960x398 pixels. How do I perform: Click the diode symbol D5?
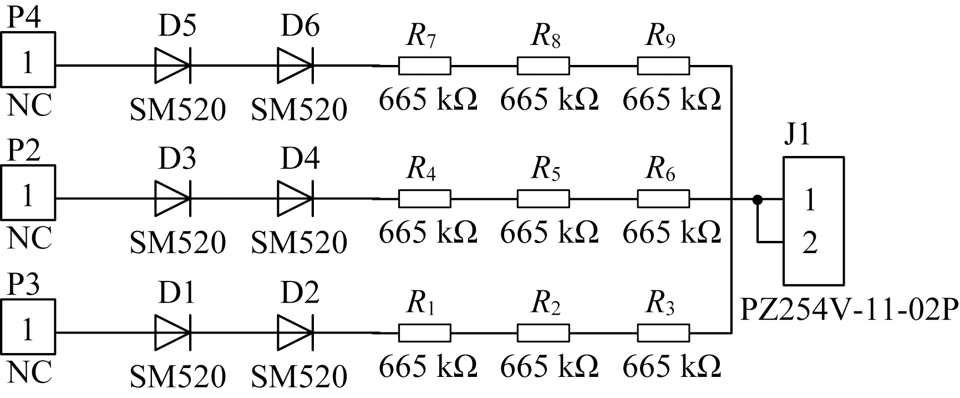173,65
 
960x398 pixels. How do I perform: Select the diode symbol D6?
295,65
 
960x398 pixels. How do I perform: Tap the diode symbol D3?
173,198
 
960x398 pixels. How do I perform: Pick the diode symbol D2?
295,333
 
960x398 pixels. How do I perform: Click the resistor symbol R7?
424,66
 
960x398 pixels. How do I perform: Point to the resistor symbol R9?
663,66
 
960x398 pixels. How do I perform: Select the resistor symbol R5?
543,198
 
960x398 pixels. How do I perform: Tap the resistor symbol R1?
424,333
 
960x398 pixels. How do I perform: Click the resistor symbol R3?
663,333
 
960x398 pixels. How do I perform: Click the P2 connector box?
28,193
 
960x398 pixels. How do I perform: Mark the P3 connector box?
28,328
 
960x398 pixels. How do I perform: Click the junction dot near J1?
756,199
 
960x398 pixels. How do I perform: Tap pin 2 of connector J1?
810,243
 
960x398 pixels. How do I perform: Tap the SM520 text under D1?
178,376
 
